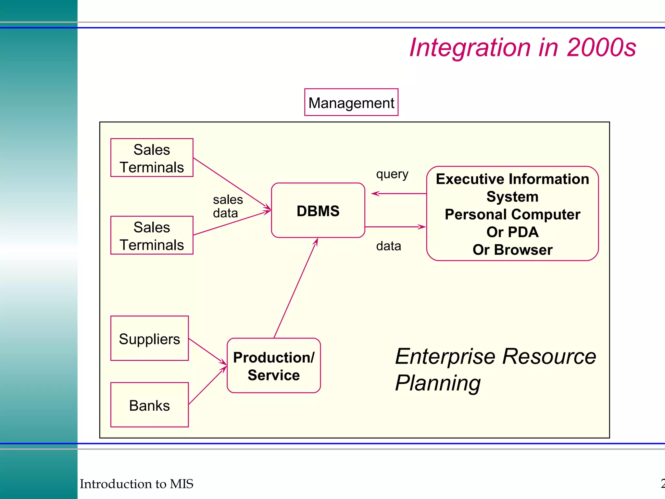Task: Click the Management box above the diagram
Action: (x=351, y=102)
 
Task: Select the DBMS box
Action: (x=318, y=211)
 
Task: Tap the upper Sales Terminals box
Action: (x=152, y=158)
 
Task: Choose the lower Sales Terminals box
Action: (x=152, y=236)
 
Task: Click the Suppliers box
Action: (x=149, y=339)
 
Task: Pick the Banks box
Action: (x=149, y=405)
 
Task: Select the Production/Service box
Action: (x=273, y=366)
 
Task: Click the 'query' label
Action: (x=392, y=174)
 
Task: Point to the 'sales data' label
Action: (x=227, y=206)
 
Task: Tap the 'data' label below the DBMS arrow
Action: (x=388, y=246)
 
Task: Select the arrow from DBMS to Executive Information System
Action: (x=395, y=227)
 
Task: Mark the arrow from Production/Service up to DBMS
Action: (x=295, y=288)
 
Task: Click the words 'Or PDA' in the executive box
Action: (x=512, y=232)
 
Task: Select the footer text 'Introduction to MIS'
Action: (x=136, y=484)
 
